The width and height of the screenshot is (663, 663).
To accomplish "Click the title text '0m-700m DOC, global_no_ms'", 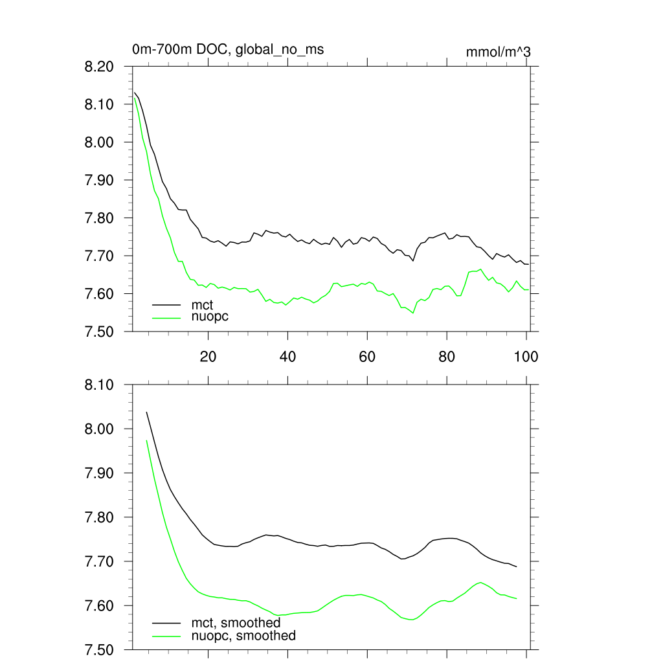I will coord(228,49).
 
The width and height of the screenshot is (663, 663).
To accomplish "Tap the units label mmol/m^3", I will coord(499,52).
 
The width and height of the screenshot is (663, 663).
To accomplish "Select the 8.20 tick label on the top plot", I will coord(99,67).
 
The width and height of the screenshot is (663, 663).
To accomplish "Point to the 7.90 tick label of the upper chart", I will coord(99,180).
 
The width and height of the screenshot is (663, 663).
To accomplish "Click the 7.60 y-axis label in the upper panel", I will coord(99,294).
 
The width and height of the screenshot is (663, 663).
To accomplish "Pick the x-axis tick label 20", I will coord(208,357).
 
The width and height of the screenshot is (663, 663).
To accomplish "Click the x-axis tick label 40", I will coord(287,357).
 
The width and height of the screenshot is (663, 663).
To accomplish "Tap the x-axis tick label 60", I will coord(367,357).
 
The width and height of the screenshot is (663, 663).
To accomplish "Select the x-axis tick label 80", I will coord(447,357).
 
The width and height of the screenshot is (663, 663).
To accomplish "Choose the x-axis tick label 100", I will coord(526,357).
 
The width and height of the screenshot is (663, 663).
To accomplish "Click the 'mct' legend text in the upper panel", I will coord(202,304).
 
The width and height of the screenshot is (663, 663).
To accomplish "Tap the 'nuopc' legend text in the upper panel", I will coord(210,317).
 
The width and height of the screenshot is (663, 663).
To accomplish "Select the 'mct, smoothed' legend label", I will coord(236,623).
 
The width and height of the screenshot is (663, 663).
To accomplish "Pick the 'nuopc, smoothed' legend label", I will coord(243,636).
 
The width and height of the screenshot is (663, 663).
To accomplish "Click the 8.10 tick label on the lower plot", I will coord(99,385).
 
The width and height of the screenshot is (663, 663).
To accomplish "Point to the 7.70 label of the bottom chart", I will coord(99,561).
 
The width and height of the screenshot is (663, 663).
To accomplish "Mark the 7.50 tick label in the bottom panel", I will coord(99,649).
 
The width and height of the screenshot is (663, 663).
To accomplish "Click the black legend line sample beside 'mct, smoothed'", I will coord(166,623).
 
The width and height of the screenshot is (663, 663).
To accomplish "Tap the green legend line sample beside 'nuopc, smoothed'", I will coord(166,636).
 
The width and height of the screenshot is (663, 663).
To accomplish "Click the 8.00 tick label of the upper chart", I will coord(99,142).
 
